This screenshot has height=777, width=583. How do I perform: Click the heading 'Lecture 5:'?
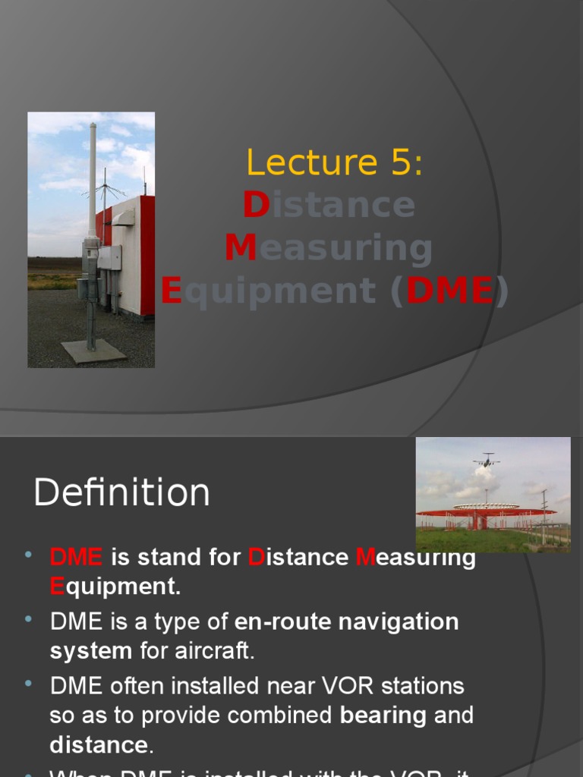coord(334,163)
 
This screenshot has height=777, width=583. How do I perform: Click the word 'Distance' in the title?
coord(329,205)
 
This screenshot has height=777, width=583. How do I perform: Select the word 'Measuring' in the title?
coord(329,248)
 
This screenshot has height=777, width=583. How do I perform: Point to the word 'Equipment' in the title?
coord(269,291)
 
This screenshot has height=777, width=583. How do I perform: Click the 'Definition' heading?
coord(121,492)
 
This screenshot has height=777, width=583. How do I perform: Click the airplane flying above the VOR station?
coord(486,459)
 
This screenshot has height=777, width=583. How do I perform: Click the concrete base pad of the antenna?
coord(93,351)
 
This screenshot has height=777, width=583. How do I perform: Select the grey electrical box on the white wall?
coord(109,257)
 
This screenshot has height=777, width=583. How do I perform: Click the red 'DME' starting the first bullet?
coord(76,557)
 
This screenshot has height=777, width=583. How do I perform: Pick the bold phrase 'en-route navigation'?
coord(347,621)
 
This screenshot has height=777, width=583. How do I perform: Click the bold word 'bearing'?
coord(383,716)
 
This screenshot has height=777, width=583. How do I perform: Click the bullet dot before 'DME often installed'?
coord(29,684)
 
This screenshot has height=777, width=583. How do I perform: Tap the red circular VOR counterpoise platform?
coord(486,511)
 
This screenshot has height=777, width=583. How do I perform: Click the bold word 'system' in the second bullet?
coord(91,650)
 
